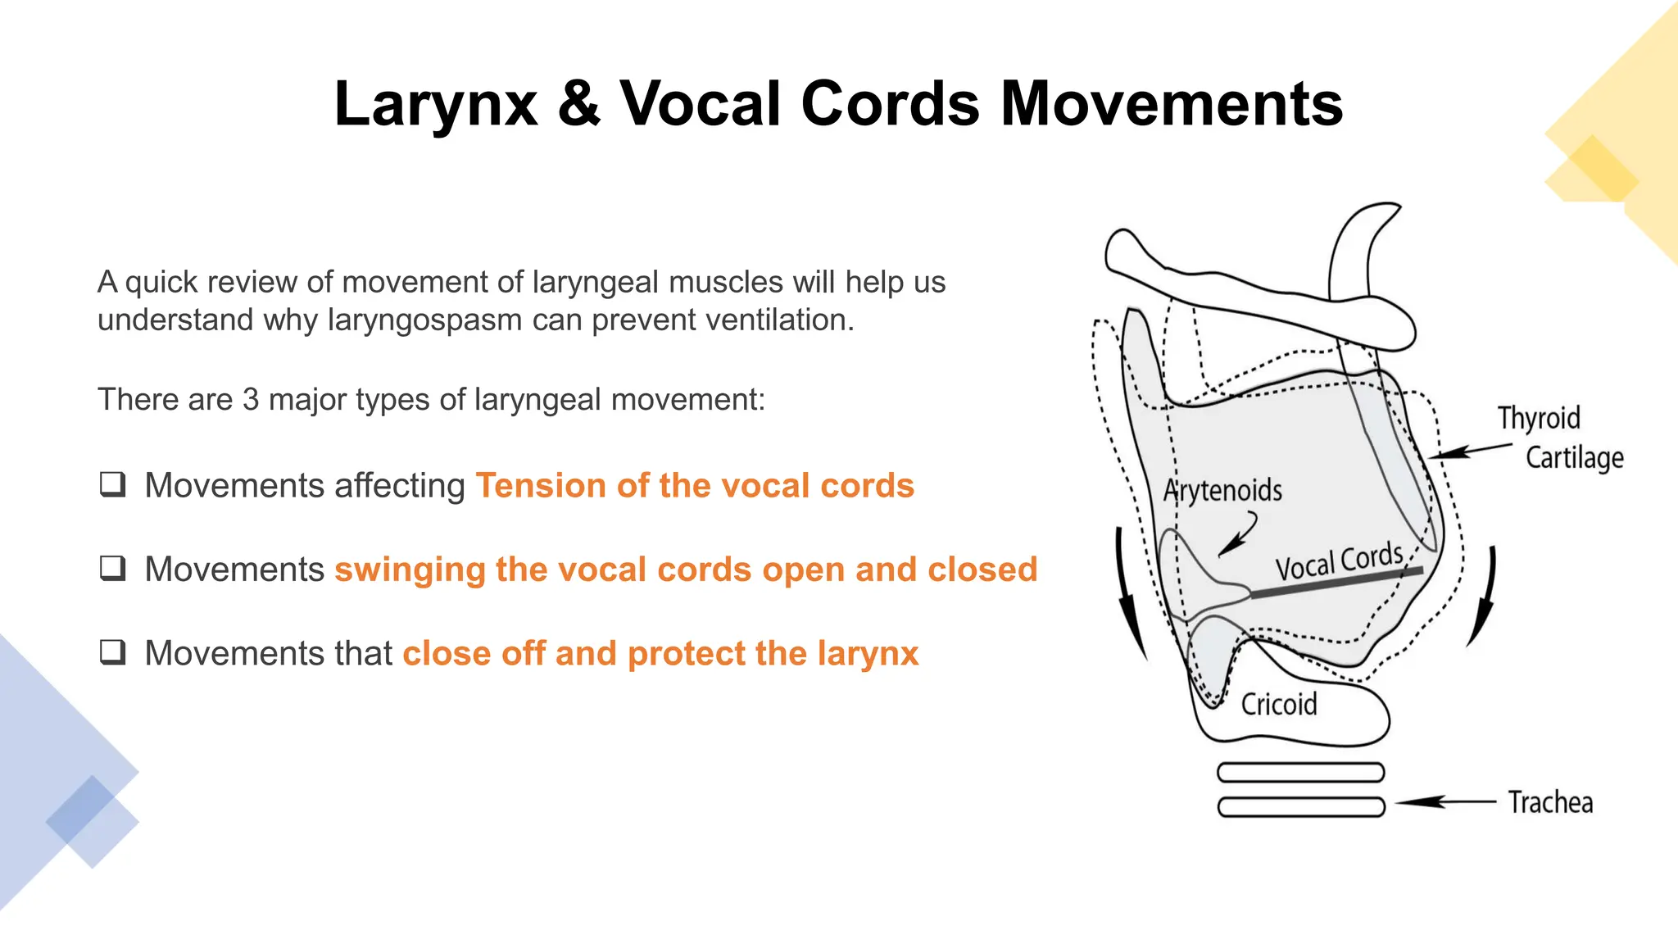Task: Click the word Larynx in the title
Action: pos(436,105)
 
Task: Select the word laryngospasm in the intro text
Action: pos(424,320)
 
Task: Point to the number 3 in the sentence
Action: pos(250,400)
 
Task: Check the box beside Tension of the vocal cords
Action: pos(112,484)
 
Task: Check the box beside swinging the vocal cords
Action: pos(112,568)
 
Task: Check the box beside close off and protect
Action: pos(112,652)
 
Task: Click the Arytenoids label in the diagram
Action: pos(1222,491)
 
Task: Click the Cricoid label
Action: pos(1278,705)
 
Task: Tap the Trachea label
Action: pos(1550,802)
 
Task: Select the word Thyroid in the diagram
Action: pos(1539,418)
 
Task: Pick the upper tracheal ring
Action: pos(1300,772)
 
